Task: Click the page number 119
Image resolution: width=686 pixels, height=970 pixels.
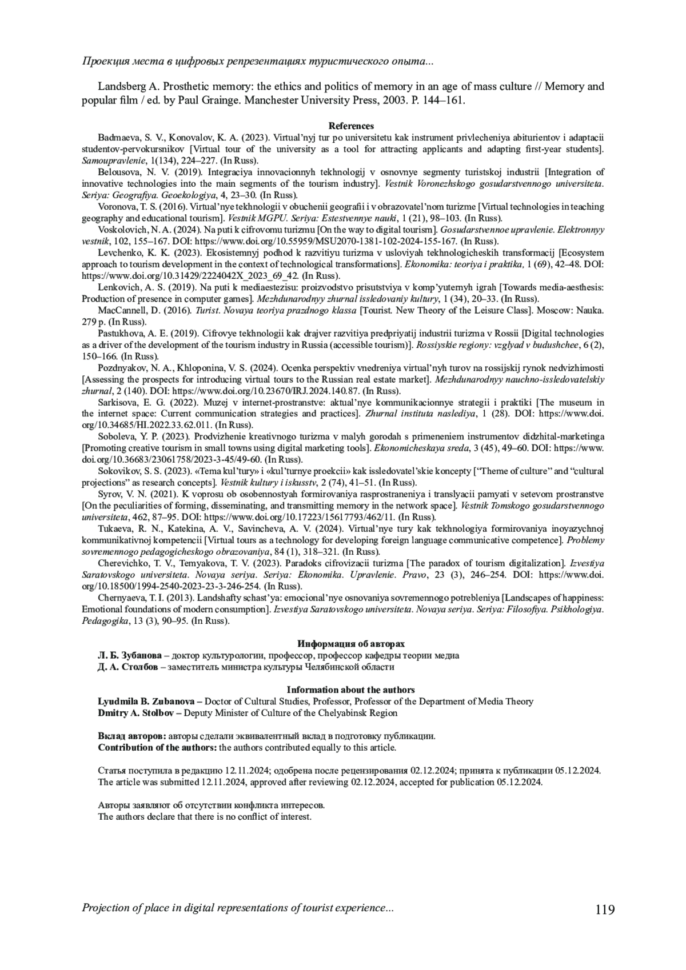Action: point(604,909)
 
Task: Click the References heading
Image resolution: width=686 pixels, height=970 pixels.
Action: point(351,126)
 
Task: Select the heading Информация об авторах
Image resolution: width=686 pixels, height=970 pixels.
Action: point(351,643)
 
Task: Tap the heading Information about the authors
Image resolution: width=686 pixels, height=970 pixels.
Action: point(351,690)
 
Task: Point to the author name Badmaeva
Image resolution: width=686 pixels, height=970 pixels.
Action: point(115,138)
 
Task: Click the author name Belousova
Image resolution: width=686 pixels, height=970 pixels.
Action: point(117,172)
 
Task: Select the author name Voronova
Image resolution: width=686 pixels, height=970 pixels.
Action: point(115,207)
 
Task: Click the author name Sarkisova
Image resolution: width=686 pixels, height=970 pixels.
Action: point(115,402)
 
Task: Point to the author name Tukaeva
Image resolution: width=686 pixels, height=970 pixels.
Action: point(114,528)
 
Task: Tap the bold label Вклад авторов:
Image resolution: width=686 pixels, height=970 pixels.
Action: point(132,736)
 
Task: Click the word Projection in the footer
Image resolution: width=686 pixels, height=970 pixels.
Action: point(107,908)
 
